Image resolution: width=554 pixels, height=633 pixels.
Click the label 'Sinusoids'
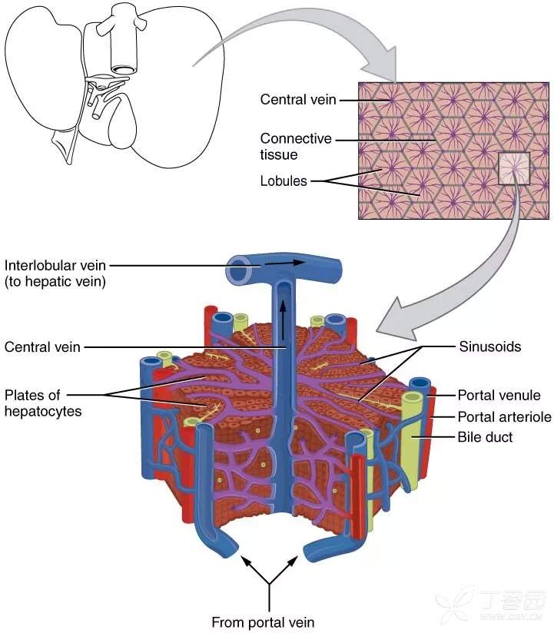click(489, 346)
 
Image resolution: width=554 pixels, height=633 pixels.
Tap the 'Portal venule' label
click(499, 396)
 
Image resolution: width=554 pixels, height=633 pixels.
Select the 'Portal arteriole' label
click(504, 417)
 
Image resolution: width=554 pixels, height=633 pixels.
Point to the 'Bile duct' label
click(485, 437)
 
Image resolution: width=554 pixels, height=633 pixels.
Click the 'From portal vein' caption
click(263, 621)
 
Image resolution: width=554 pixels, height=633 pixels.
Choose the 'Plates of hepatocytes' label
click(43, 403)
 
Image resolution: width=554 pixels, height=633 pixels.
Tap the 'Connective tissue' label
click(296, 147)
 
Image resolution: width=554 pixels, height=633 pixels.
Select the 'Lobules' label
click(284, 181)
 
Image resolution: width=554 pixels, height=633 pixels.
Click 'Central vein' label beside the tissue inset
click(297, 99)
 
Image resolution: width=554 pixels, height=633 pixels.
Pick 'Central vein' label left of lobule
click(42, 346)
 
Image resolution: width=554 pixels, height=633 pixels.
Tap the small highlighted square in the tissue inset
click(513, 169)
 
